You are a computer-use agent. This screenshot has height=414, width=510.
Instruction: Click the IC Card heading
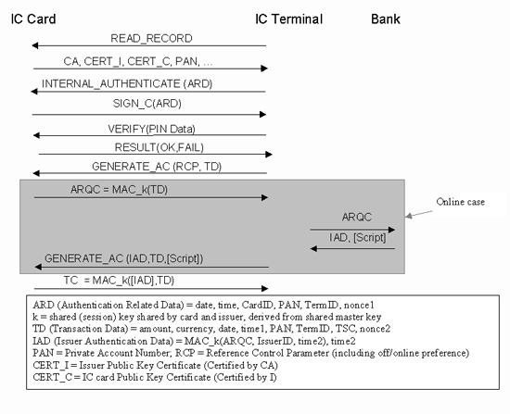(33, 19)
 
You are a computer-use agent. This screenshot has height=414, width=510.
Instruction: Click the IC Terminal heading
(288, 19)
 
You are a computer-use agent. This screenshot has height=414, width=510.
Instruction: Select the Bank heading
(386, 19)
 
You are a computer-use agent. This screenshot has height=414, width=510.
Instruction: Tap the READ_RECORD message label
(151, 38)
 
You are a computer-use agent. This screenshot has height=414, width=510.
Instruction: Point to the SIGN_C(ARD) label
(147, 104)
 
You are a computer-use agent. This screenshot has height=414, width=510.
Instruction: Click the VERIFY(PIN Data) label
(151, 129)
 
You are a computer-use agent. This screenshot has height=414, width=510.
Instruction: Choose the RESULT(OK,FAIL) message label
(159, 147)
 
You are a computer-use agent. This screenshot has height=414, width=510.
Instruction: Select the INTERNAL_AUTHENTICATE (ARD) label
(127, 84)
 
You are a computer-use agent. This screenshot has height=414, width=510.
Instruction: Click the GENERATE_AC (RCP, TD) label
(157, 167)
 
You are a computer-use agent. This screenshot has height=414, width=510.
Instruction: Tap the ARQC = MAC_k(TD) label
(119, 190)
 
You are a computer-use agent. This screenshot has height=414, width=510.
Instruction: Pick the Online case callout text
(461, 202)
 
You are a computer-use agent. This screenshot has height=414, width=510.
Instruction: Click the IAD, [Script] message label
(357, 237)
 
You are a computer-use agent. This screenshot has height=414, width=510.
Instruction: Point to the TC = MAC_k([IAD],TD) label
(119, 280)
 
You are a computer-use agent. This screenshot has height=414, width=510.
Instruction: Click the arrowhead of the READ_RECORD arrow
(35, 45)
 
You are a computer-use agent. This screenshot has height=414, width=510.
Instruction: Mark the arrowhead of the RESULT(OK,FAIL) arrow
(269, 155)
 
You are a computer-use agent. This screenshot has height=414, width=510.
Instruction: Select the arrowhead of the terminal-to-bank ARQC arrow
(391, 230)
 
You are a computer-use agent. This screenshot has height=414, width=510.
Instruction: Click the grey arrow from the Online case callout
(418, 214)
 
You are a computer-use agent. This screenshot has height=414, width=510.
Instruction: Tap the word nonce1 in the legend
(359, 305)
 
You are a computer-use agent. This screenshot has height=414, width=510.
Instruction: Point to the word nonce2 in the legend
(375, 329)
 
